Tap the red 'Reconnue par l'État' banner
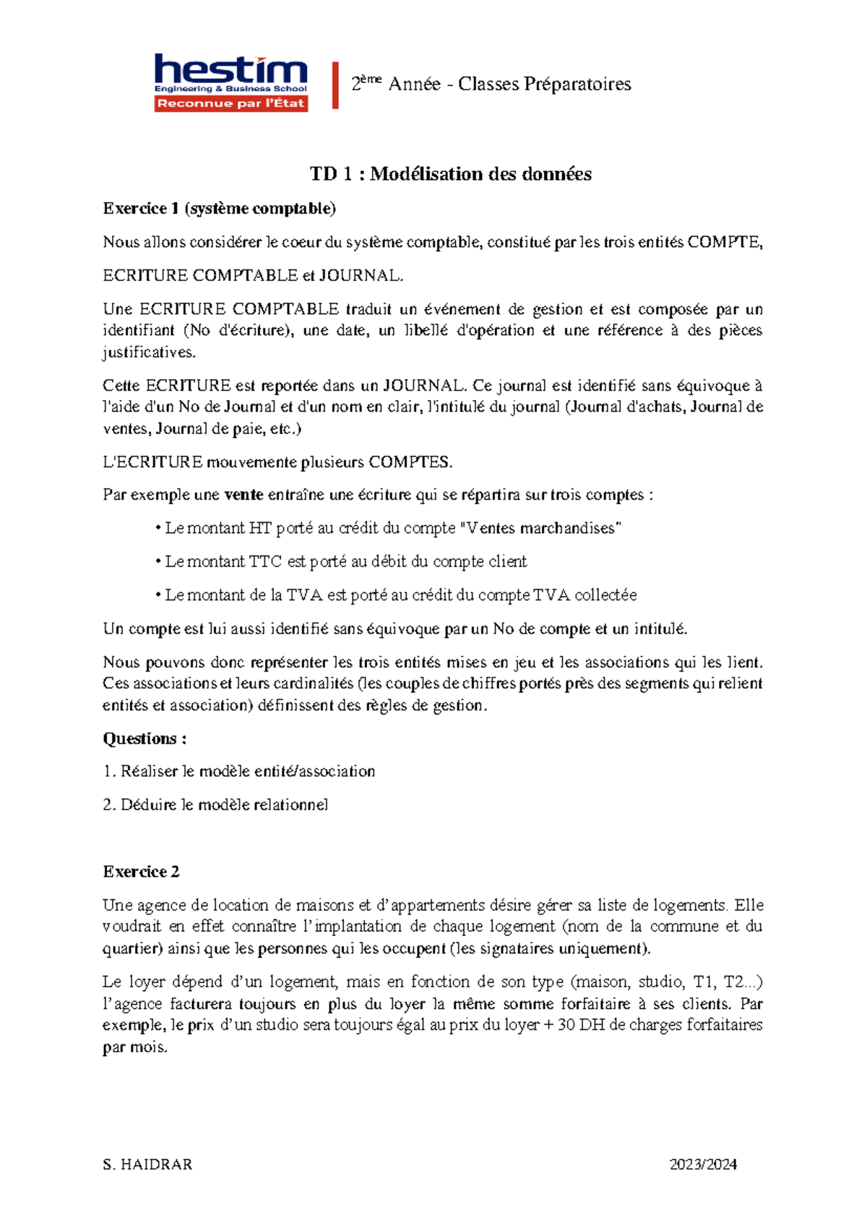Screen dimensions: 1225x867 pyautogui.click(x=231, y=104)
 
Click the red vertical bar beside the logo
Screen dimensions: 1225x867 pyautogui.click(x=335, y=86)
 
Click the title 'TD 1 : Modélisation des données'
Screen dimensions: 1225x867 pyautogui.click(x=450, y=174)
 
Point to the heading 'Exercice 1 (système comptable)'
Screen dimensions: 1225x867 pyautogui.click(x=219, y=209)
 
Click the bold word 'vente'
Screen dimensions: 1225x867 pyautogui.click(x=244, y=495)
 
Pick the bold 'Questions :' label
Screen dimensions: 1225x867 pyautogui.click(x=144, y=738)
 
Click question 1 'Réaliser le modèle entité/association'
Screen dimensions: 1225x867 pyautogui.click(x=240, y=771)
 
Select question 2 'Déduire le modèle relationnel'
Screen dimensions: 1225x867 pyautogui.click(x=216, y=805)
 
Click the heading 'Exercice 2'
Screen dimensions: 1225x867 pyautogui.click(x=141, y=872)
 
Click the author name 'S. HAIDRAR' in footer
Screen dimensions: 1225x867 pyautogui.click(x=147, y=1164)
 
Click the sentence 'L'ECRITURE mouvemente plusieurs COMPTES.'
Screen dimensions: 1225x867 pyautogui.click(x=277, y=462)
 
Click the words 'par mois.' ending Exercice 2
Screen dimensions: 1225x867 pyautogui.click(x=135, y=1047)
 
